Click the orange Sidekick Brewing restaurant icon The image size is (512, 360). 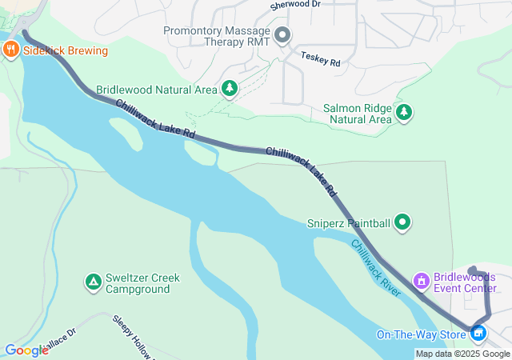(10, 50)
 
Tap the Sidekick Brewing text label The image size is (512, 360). (65, 50)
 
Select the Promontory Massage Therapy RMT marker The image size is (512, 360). (282, 35)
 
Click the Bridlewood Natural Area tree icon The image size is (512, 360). (230, 89)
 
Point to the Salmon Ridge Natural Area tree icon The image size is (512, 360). (404, 113)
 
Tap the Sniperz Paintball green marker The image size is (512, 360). (402, 222)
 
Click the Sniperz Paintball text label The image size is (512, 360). (349, 222)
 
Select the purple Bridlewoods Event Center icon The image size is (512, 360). (421, 282)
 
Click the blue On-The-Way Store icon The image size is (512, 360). (478, 334)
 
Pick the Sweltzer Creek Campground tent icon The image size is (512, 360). (93, 282)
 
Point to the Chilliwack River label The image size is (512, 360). (375, 268)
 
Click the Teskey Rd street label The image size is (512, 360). (321, 58)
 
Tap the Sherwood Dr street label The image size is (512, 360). (294, 5)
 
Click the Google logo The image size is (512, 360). (26, 350)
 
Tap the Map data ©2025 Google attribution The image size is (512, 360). (462, 354)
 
